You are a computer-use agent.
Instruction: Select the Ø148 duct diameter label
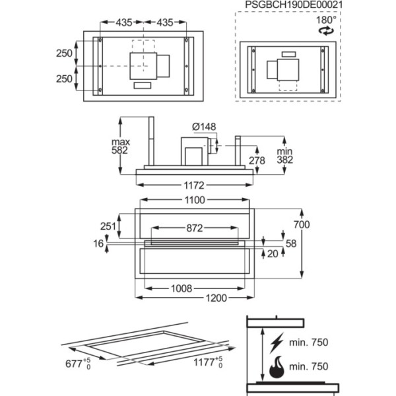[204, 127]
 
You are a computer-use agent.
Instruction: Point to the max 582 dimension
[120, 147]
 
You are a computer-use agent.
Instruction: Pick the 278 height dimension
[257, 160]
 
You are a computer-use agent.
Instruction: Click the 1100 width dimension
[194, 200]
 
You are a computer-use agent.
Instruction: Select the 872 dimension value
[193, 228]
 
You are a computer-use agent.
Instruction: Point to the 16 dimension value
[99, 244]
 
